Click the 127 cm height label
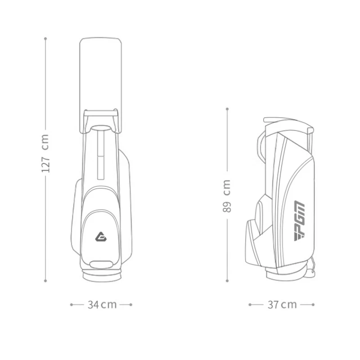[x=45, y=154]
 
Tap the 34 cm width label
[x=102, y=305]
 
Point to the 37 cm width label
[x=282, y=305]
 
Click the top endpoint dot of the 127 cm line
[x=45, y=39]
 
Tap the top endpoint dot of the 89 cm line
[x=227, y=108]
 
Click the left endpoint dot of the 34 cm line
[x=71, y=305]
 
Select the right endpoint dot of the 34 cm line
[x=131, y=305]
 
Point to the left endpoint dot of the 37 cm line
[x=250, y=305]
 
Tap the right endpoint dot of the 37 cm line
[x=313, y=305]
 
